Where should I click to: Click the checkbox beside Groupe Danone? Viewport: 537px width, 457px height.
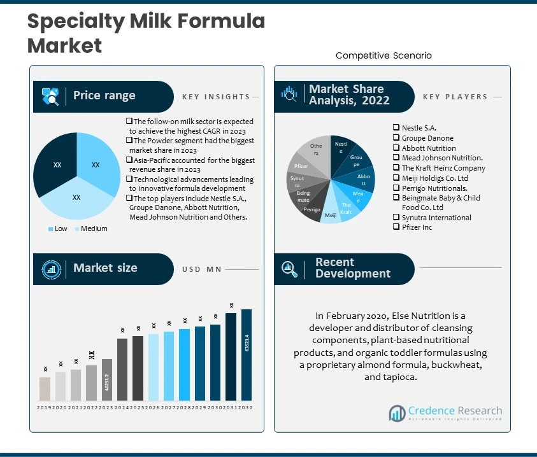[396, 138]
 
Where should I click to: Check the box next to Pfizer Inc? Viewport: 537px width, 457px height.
[396, 227]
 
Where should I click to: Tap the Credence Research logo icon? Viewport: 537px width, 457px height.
[397, 414]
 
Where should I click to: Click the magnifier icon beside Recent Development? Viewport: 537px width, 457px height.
[290, 269]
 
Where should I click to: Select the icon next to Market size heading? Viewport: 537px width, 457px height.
[50, 269]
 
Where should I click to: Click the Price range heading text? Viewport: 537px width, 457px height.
[104, 95]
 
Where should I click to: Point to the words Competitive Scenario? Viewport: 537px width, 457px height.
[383, 56]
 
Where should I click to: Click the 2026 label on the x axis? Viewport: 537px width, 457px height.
[154, 407]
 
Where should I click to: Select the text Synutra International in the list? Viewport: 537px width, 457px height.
[436, 218]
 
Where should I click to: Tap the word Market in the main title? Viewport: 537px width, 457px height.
[64, 45]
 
